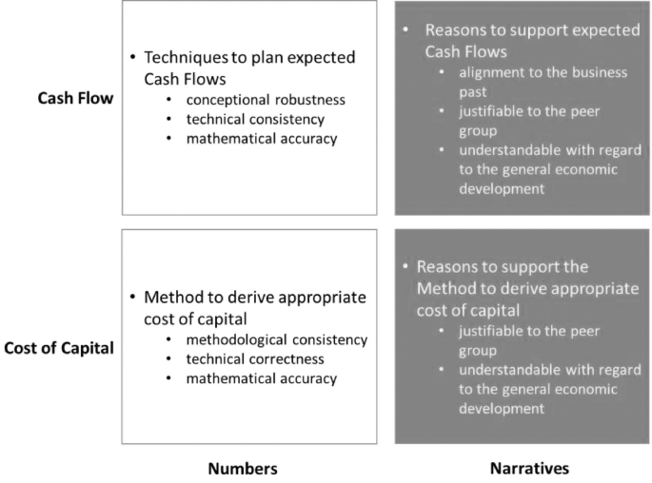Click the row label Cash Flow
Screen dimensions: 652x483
[75, 99]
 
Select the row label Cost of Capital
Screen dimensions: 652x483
[59, 348]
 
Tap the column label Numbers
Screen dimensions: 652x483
[243, 469]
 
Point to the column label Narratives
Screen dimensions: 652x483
[529, 469]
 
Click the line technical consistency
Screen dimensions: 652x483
[255, 120]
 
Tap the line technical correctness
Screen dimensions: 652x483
[255, 359]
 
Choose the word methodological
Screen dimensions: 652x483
[237, 340]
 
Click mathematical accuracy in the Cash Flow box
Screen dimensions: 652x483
[262, 139]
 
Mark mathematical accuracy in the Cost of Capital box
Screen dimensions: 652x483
[262, 378]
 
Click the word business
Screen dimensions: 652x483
[600, 72]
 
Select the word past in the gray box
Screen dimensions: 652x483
[473, 92]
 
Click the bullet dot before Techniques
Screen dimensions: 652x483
[132, 57]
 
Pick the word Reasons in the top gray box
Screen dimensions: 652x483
[455, 30]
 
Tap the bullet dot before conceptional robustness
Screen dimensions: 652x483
[168, 100]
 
